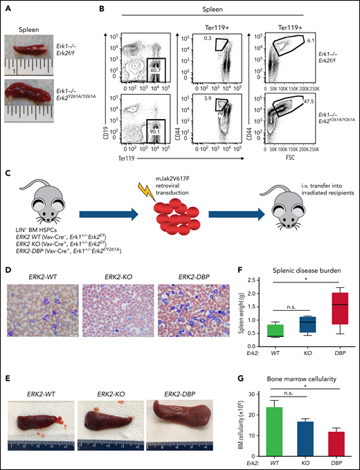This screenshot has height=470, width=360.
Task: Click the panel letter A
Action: (6, 8)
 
